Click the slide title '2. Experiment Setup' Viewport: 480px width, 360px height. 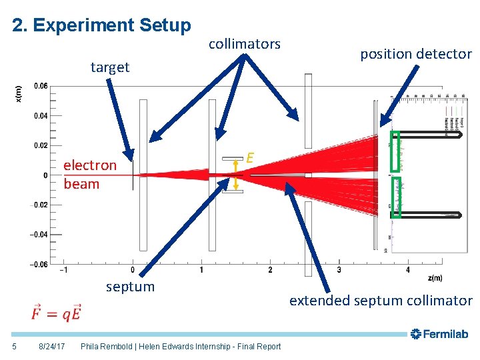click(101, 25)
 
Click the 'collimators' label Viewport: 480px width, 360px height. click(245, 44)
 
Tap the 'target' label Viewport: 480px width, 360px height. click(110, 67)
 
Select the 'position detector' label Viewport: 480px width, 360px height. click(416, 55)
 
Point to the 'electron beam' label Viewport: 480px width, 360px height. click(89, 175)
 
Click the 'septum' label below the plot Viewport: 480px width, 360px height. click(130, 287)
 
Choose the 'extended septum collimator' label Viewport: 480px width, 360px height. click(380, 301)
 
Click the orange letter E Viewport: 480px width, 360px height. click(249, 158)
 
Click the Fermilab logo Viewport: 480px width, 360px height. click(440, 333)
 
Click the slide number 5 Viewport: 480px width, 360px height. click(15, 346)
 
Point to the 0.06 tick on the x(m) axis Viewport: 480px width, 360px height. click(40, 86)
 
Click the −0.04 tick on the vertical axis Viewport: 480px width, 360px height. click(39, 234)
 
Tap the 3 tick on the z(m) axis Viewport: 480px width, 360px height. click(339, 270)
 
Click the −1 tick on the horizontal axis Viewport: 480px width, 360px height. click(63, 270)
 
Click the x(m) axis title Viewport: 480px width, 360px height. click(18, 93)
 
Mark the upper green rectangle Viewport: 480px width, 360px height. click(395, 151)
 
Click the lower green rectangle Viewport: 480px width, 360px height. click(396, 197)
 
